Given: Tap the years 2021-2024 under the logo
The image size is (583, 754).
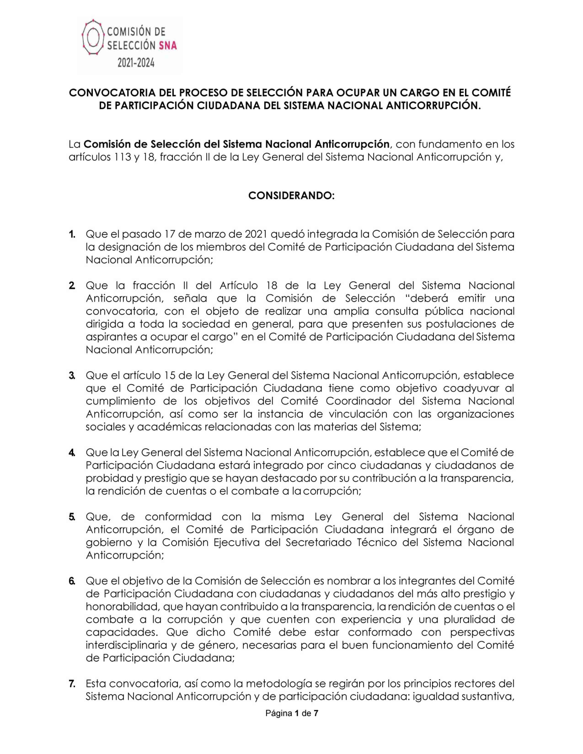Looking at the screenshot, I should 136,63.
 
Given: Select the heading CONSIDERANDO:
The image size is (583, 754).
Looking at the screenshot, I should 291,196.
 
